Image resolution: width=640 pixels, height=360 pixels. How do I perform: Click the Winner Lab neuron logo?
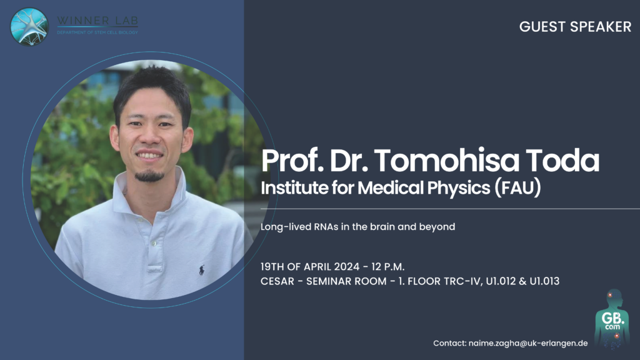click(29, 27)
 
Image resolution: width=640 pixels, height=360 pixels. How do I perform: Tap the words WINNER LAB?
click(97, 21)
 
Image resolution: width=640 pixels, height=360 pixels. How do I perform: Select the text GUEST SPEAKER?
click(575, 27)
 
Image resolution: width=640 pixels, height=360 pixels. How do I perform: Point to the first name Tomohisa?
click(446, 161)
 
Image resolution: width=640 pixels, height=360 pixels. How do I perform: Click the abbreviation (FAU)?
click(518, 187)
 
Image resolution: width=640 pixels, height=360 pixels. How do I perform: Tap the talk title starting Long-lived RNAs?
click(357, 226)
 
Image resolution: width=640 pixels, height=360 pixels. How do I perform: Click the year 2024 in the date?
click(346, 267)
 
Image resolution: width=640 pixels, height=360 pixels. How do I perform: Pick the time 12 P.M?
click(387, 267)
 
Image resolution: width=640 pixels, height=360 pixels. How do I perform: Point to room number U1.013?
click(544, 281)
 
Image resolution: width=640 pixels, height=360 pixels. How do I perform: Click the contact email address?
click(528, 343)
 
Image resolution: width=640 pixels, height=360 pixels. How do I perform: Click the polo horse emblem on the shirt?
click(202, 270)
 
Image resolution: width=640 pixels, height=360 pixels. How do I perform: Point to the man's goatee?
click(150, 176)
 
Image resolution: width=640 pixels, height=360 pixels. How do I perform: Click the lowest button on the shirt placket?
click(154, 243)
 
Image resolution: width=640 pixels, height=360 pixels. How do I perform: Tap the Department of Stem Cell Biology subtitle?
click(97, 32)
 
